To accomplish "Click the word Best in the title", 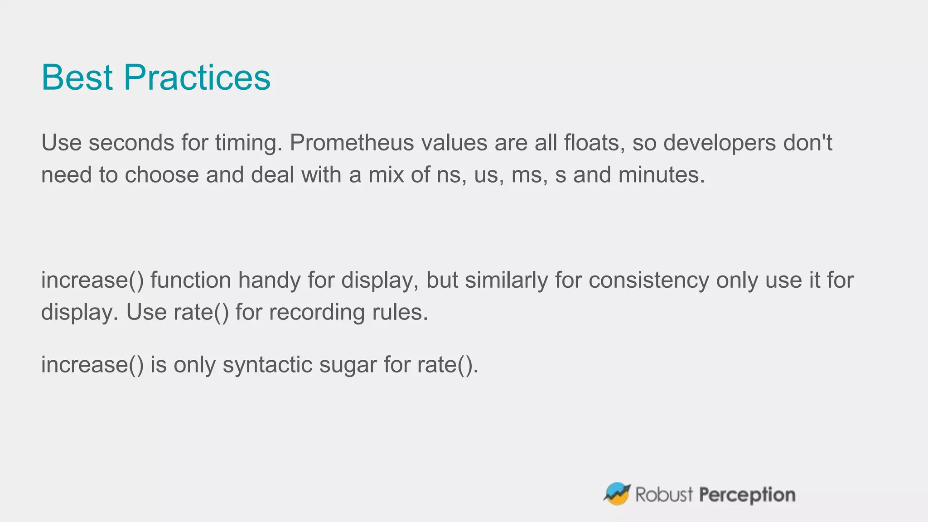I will click(77, 77).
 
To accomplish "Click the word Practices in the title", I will click(197, 77).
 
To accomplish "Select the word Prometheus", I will click(352, 143).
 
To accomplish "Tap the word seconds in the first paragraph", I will click(131, 143).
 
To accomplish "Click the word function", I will click(191, 280).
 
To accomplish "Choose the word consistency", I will click(649, 280).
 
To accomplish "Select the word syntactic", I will click(267, 365).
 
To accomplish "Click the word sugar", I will click(348, 365).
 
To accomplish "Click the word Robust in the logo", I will click(664, 494).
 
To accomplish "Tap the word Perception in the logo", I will click(747, 494).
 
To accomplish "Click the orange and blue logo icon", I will click(617, 493).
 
